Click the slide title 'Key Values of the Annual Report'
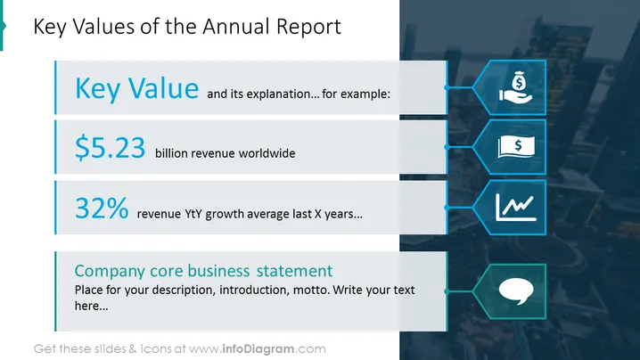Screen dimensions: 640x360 pyautogui.click(x=187, y=27)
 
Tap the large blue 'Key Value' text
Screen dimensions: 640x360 pyautogui.click(x=136, y=88)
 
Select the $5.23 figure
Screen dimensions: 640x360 pyautogui.click(x=111, y=147)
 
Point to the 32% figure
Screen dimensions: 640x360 pyautogui.click(x=102, y=208)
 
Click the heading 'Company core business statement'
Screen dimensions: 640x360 pyautogui.click(x=203, y=271)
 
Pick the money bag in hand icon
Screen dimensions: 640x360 pyautogui.click(x=516, y=87)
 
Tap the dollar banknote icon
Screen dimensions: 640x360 pyautogui.click(x=516, y=146)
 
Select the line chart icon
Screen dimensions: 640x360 pyautogui.click(x=516, y=208)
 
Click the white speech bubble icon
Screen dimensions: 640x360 pyautogui.click(x=516, y=291)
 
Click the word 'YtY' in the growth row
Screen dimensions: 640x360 pyautogui.click(x=193, y=214)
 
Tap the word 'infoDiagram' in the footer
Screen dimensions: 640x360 pyautogui.click(x=258, y=349)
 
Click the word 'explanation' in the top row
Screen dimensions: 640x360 pyautogui.click(x=281, y=94)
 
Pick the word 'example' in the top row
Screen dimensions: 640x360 pyautogui.click(x=365, y=94)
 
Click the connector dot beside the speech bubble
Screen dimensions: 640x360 pyautogui.click(x=447, y=291)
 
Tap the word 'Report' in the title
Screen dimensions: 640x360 pyautogui.click(x=308, y=28)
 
